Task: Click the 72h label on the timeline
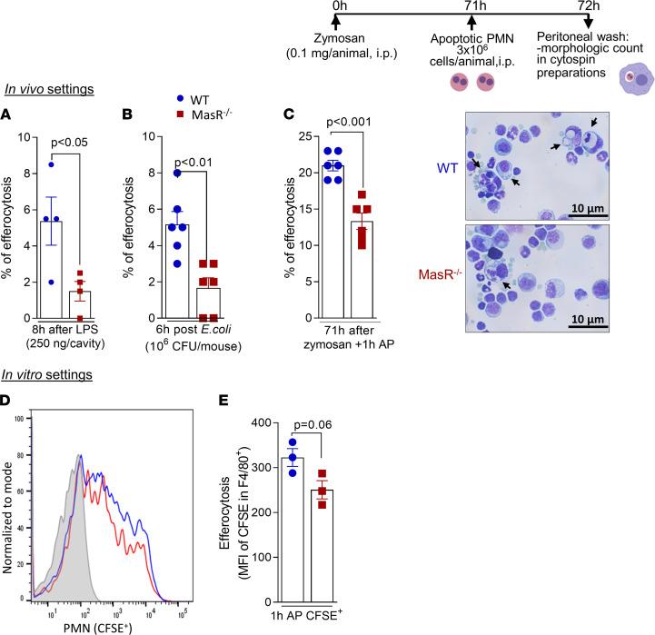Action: (x=588, y=6)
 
